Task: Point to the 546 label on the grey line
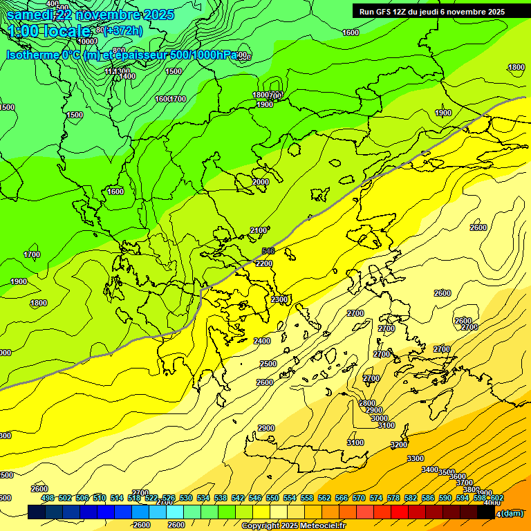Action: point(268,251)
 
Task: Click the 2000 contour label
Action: point(261,182)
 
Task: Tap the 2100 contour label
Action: point(258,230)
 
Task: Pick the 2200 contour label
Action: point(263,263)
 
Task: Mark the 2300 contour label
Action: point(279,299)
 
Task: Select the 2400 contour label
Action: point(262,341)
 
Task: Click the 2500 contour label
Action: point(268,364)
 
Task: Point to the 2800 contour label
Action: point(367,403)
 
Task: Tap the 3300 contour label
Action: point(415,458)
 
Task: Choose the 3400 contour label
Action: point(429,469)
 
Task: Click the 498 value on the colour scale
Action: point(48,499)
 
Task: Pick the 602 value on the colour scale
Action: point(497,499)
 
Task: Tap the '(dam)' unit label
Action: point(511,513)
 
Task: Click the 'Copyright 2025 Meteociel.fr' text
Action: point(293,526)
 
